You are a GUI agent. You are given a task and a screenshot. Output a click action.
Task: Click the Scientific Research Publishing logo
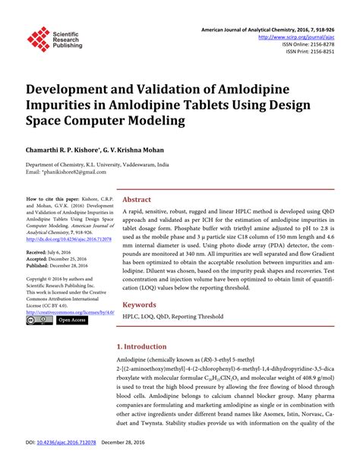(55, 40)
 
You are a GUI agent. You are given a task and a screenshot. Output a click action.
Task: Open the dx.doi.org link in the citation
(68, 239)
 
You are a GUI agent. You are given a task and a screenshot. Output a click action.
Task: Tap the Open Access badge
(73, 321)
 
